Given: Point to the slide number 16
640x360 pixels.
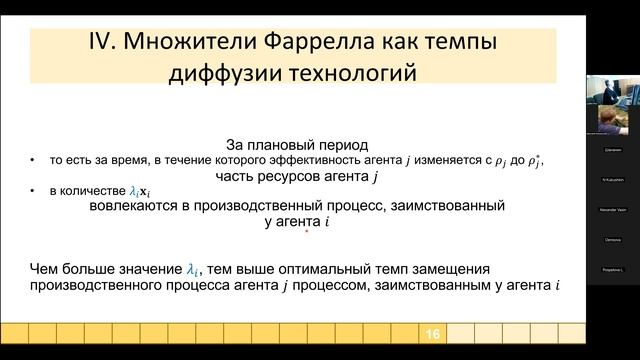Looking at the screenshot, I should [433, 333].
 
